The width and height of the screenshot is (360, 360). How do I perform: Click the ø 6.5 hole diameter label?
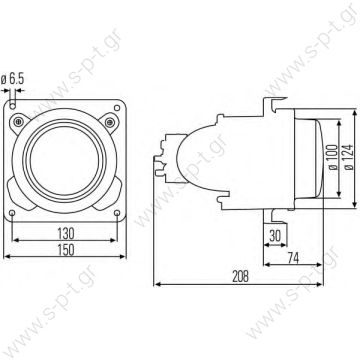point(17,76)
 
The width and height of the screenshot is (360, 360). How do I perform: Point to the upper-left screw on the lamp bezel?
point(35,122)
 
